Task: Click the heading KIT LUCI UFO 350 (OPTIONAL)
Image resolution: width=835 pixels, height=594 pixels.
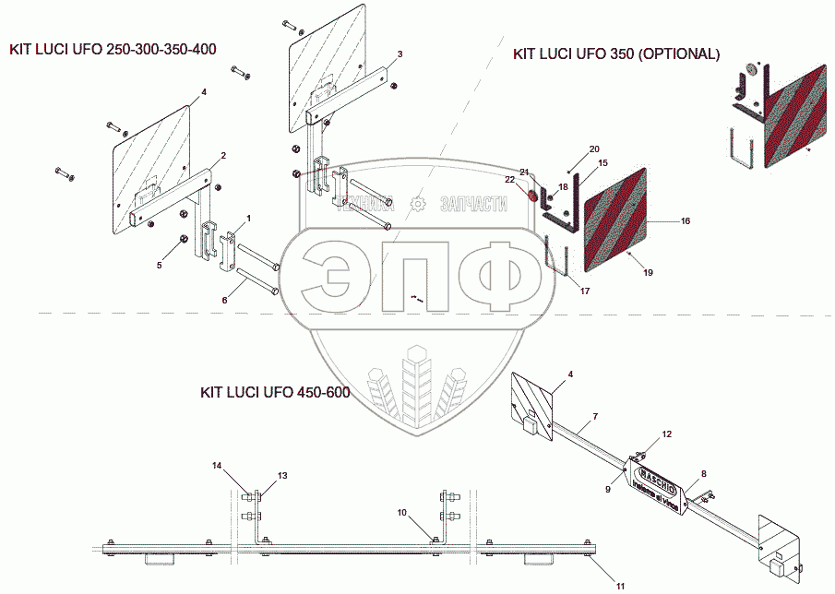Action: (x=616, y=54)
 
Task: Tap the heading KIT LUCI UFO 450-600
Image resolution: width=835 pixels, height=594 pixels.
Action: (x=275, y=393)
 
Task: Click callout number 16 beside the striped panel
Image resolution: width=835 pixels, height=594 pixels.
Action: (x=686, y=221)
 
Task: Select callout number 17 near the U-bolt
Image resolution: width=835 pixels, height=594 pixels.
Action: (x=585, y=291)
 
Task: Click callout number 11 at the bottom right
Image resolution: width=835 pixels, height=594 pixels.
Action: (x=621, y=584)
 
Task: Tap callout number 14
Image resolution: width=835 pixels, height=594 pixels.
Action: (x=217, y=465)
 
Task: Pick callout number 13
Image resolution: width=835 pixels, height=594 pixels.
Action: (x=282, y=475)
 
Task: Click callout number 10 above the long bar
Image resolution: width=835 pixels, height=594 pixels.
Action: (x=401, y=512)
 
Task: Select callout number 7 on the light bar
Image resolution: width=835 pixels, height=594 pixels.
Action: (x=595, y=418)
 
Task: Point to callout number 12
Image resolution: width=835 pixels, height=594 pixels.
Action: (x=667, y=434)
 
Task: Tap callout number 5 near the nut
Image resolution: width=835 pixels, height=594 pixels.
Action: (x=158, y=266)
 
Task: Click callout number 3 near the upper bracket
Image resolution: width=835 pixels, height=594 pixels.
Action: (x=400, y=55)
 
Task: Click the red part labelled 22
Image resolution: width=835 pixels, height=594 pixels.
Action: (x=532, y=196)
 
